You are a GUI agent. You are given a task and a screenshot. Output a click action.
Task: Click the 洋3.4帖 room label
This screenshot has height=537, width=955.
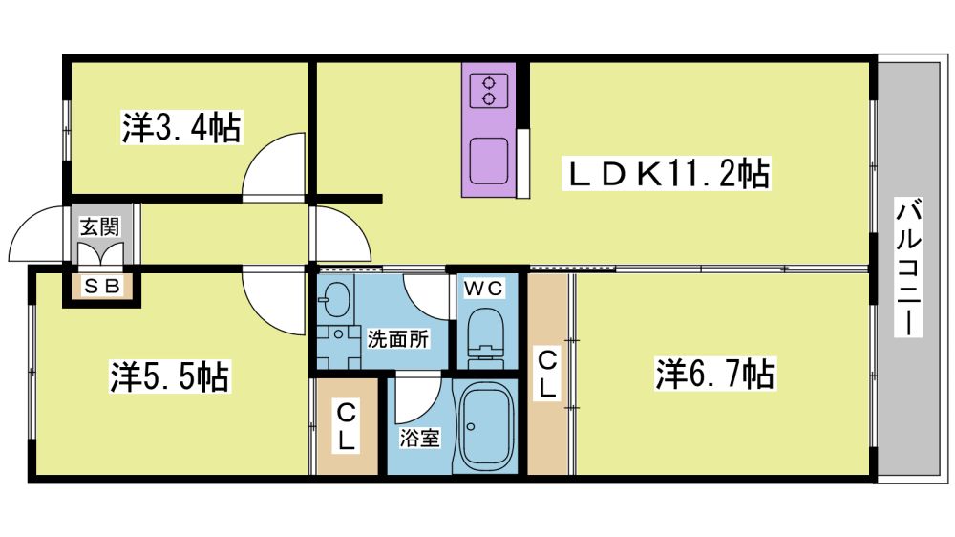[181, 127]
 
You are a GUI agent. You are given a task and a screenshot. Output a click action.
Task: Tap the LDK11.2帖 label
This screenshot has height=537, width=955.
[667, 173]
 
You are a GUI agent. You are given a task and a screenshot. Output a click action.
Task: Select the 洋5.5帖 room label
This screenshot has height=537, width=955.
[169, 376]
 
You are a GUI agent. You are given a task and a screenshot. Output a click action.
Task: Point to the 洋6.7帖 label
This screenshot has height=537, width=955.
[715, 373]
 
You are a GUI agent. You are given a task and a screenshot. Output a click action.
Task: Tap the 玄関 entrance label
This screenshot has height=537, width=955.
[100, 226]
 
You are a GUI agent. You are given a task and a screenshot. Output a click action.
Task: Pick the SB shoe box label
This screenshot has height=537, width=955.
[102, 286]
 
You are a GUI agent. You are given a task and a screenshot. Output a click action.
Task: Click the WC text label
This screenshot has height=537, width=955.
[484, 288]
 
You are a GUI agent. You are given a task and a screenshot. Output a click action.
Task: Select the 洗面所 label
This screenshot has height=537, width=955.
[397, 339]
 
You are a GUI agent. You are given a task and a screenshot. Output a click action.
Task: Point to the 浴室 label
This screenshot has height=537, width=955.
[419, 438]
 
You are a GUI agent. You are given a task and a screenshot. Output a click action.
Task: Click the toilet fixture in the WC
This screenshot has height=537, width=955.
[486, 336]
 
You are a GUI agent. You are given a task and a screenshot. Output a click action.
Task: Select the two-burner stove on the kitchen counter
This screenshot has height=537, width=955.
[489, 90]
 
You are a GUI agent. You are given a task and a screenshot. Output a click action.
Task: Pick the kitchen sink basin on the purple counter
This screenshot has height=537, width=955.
[489, 161]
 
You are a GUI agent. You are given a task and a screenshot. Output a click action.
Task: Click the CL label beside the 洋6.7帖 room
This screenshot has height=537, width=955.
[547, 374]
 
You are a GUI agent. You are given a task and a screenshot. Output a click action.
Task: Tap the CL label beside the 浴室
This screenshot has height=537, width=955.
[346, 426]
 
